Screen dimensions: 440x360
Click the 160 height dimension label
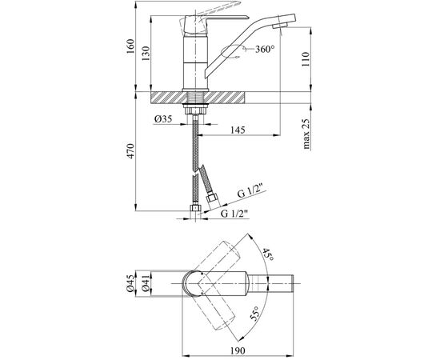coord(130,46)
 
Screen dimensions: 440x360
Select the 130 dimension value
coord(146,54)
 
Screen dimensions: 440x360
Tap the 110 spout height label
coord(306,59)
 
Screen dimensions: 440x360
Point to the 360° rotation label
coord(265,50)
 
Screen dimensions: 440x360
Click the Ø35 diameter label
coord(162,119)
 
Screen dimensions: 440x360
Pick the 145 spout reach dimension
coord(238,130)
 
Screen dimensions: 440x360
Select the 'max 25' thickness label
coord(306,134)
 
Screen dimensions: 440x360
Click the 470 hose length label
coord(130,151)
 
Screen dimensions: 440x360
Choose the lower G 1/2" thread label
coord(234,214)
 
